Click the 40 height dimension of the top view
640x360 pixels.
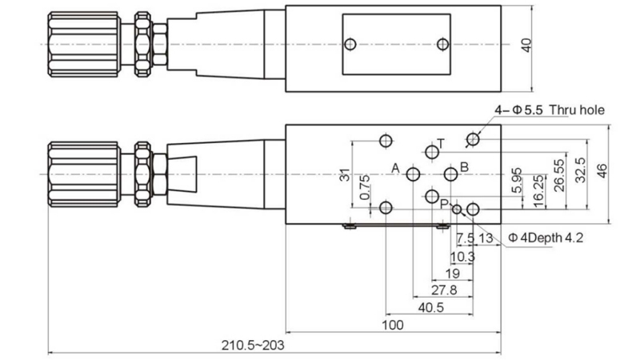526,45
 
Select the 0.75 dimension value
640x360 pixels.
365,186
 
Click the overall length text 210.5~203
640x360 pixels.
253,345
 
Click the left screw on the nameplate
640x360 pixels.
349,44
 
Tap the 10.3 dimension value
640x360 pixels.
463,256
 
